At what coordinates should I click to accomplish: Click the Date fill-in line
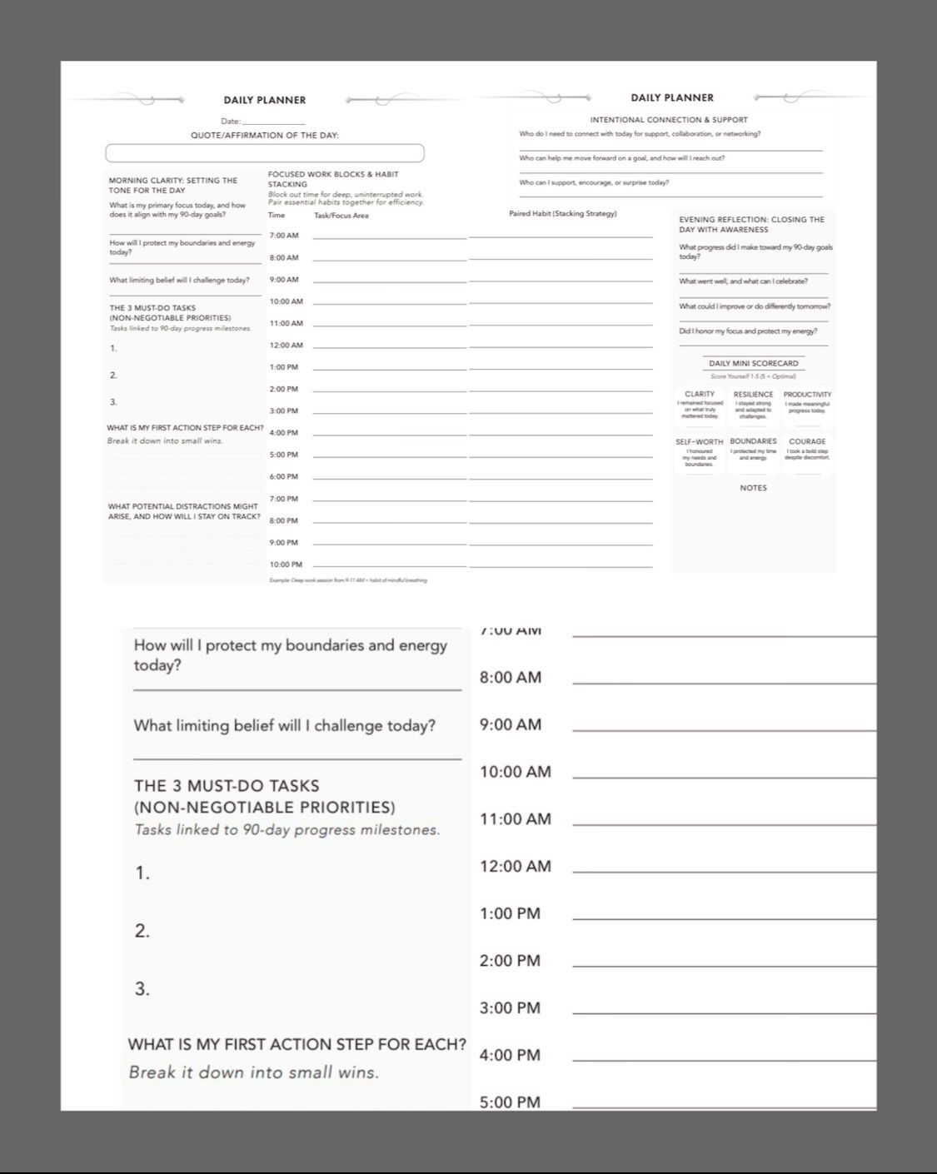[267, 122]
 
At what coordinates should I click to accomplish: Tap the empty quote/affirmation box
[264, 153]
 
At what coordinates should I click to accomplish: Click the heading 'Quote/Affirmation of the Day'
[265, 135]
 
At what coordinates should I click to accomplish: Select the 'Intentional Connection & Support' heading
[669, 120]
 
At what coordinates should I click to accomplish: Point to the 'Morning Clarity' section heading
[173, 185]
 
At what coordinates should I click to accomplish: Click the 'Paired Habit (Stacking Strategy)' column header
[563, 214]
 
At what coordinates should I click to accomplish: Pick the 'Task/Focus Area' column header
[341, 216]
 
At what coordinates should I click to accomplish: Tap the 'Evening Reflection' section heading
[751, 224]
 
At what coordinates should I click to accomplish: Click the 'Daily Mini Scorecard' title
[753, 363]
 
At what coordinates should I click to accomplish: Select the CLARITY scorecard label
[700, 394]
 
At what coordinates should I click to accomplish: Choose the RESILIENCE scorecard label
[753, 394]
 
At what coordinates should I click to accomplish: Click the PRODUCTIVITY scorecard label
[807, 394]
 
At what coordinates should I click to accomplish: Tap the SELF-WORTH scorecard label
[700, 442]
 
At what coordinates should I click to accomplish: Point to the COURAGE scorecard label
[807, 441]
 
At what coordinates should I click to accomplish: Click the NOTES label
[753, 488]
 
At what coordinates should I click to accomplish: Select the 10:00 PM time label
[286, 565]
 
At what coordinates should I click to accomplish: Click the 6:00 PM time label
[284, 477]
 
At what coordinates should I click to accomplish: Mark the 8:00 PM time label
[284, 520]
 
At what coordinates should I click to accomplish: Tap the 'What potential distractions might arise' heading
[183, 511]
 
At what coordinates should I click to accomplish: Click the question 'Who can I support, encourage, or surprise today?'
[594, 182]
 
